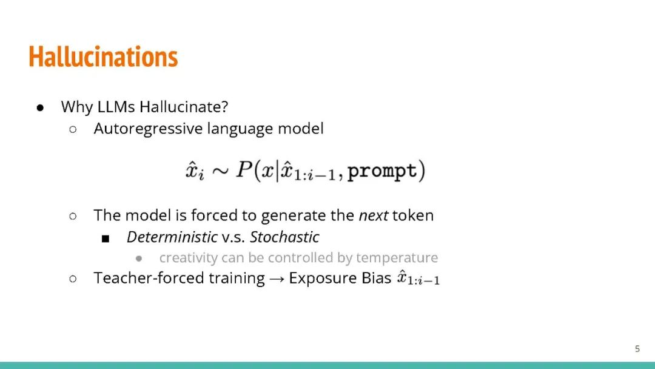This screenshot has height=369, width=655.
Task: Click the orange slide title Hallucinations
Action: point(103,57)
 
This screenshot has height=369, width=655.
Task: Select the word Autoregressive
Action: point(148,129)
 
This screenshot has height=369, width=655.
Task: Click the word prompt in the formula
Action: point(382,171)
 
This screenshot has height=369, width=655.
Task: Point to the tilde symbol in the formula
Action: point(220,171)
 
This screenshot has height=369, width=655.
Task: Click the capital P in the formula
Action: point(244,169)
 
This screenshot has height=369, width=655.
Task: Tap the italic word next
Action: point(374,215)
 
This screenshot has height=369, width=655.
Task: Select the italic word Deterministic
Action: point(172,237)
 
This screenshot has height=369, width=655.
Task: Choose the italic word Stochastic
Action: point(285,237)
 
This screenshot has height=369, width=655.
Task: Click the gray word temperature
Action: point(397,258)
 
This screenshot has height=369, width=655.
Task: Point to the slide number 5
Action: point(637,348)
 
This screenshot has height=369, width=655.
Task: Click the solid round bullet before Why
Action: point(40,108)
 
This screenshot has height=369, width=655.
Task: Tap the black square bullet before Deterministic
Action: point(106,239)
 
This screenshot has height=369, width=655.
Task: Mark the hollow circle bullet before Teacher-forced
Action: point(73,279)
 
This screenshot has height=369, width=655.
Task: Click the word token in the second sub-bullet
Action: point(413,215)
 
